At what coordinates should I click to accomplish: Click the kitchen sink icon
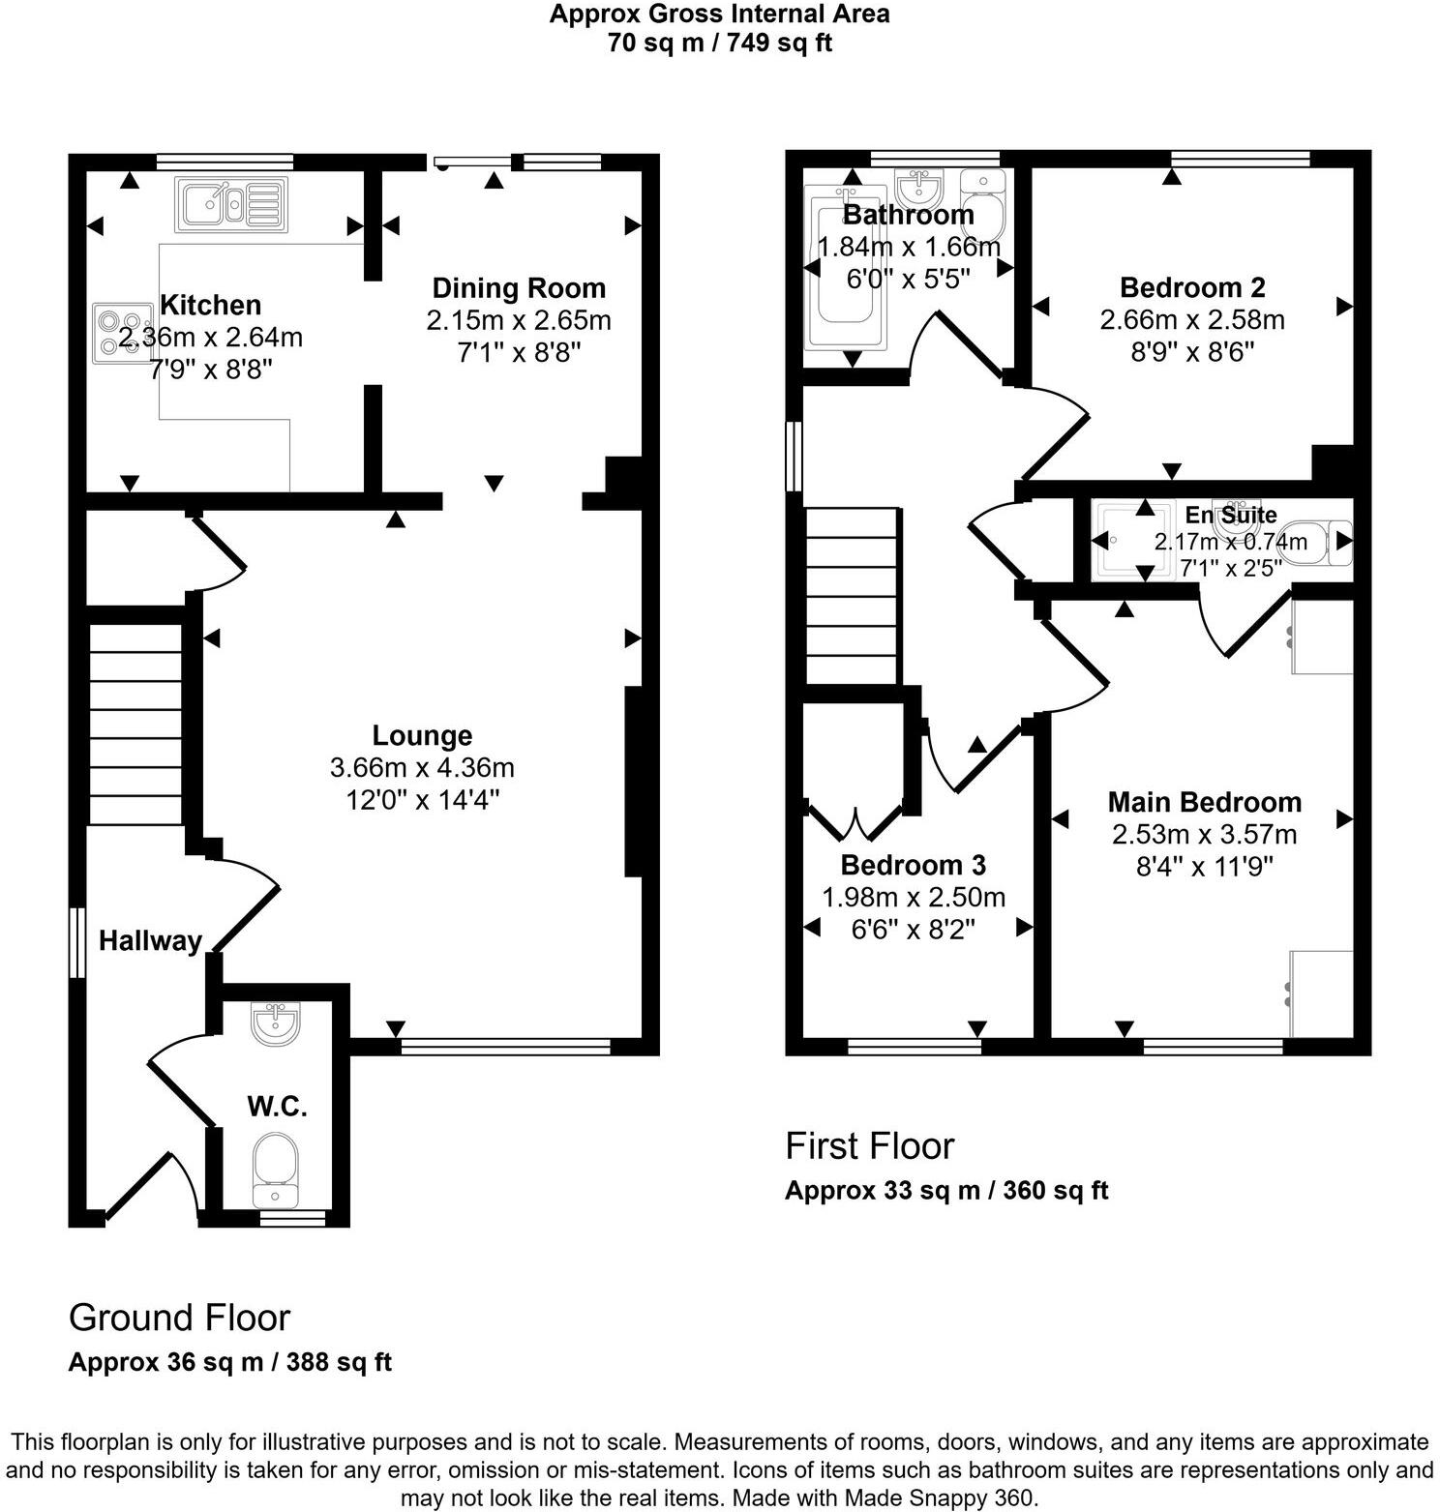coord(231,204)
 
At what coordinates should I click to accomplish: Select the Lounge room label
coord(422,735)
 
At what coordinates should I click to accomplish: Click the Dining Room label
coord(519,288)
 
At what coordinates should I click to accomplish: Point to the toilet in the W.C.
coord(275,1168)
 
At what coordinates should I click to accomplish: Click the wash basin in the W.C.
coord(276,1023)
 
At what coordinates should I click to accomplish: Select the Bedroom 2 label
coord(1192,287)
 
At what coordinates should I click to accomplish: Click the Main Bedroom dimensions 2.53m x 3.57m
coord(1204,834)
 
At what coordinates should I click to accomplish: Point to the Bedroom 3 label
coord(913,865)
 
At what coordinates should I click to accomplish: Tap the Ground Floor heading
coord(179,1318)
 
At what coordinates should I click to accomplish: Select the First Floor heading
coord(869,1145)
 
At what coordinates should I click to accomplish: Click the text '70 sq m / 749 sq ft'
coord(720,43)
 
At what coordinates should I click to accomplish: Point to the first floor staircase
coord(852,596)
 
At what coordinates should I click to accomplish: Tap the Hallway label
coord(150,940)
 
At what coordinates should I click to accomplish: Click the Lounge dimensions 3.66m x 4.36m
coord(422,768)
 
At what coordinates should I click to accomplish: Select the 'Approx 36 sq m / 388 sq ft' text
coord(229,1362)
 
